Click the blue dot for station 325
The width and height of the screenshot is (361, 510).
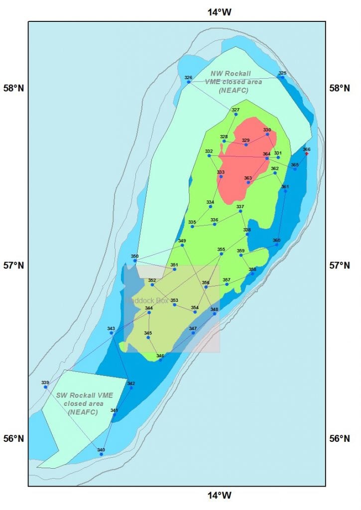(282, 77)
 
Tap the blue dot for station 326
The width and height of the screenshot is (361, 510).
(188, 82)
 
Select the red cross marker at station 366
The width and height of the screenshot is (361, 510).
(307, 154)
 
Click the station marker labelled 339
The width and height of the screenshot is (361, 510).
(45, 387)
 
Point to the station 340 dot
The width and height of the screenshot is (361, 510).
(101, 454)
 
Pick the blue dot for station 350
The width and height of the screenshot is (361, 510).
(135, 260)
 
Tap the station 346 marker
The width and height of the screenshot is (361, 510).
(160, 360)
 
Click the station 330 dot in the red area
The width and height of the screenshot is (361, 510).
(267, 134)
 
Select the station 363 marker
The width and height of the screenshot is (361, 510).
(248, 182)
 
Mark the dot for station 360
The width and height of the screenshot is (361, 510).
(277, 245)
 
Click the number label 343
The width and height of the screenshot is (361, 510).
(111, 328)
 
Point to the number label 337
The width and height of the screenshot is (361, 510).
(241, 207)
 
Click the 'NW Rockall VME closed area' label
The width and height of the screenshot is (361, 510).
(231, 82)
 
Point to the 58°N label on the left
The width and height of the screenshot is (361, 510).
(14, 89)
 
